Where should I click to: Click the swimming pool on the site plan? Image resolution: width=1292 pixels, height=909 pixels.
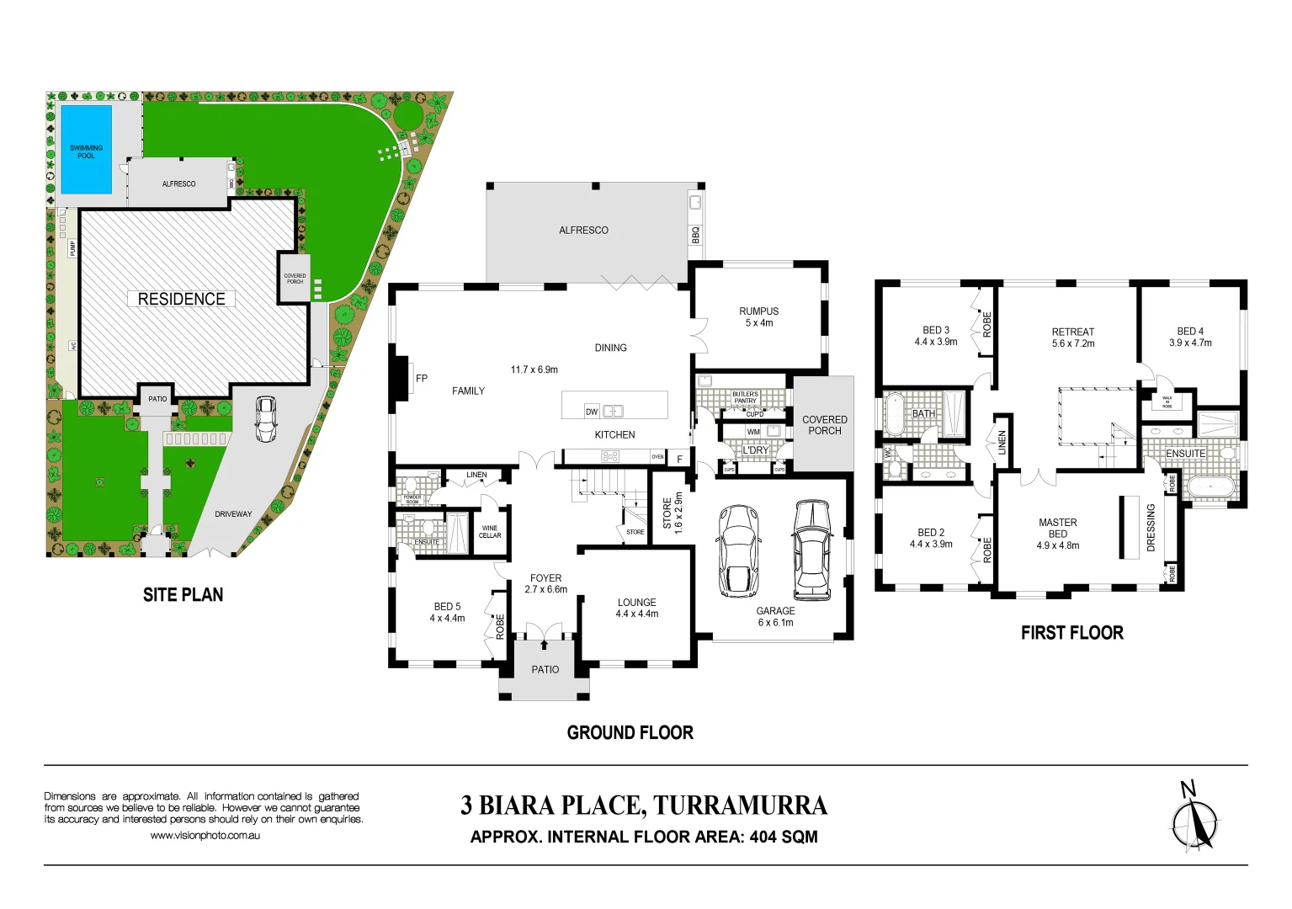86,150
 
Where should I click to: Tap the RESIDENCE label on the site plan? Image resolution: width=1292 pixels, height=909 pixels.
181,299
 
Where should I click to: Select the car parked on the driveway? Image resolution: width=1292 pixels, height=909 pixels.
266,418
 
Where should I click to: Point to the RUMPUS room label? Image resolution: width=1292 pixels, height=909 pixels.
758,311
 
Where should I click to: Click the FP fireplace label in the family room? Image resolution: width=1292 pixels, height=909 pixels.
422,379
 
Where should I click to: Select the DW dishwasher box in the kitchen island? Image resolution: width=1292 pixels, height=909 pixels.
592,412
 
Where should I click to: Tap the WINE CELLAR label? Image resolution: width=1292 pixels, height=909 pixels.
490,532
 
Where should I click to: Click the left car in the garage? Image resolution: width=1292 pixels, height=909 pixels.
738,550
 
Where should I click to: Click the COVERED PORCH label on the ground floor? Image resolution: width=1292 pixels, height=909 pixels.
824,425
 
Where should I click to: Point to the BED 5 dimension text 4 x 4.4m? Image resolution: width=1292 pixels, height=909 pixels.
447,618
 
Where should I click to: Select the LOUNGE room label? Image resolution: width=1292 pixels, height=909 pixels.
636,603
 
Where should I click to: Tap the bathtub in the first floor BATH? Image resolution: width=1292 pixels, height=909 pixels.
893,413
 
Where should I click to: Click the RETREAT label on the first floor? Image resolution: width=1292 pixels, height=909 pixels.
1072,332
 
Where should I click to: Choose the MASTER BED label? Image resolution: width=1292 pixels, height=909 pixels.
1057,528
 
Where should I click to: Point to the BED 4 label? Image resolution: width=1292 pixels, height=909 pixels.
1190,332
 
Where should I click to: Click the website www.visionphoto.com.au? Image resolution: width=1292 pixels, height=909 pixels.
205,836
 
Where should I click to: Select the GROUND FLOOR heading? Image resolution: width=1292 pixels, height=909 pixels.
630,732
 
